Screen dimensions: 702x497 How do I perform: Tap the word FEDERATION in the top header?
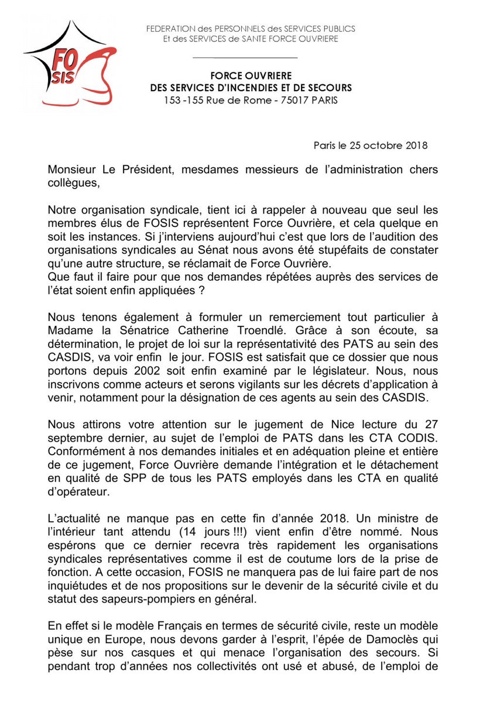coord(170,28)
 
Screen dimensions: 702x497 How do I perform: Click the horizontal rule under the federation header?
coord(245,58)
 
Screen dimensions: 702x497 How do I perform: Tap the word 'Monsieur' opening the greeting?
coord(73,170)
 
